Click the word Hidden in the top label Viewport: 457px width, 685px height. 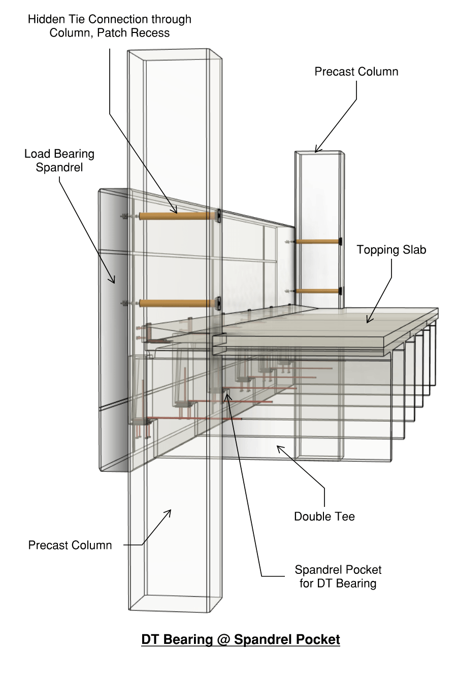click(x=44, y=19)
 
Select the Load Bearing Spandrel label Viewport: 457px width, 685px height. click(x=59, y=160)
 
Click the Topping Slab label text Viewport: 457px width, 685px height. click(x=391, y=250)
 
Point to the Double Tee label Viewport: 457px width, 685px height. click(x=324, y=517)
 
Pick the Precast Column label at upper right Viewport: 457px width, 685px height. click(x=356, y=72)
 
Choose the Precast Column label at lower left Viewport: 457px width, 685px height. click(x=70, y=545)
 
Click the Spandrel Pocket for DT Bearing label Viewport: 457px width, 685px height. click(x=338, y=576)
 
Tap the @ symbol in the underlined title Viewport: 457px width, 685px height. click(x=223, y=639)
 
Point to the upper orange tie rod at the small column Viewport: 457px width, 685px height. click(x=317, y=242)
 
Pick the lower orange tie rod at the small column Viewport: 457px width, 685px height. click(x=317, y=291)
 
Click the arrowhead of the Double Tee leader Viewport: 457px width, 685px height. click(x=278, y=446)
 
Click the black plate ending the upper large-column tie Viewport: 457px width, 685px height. click(x=218, y=216)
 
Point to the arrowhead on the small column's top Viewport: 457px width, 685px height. click(x=316, y=151)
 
